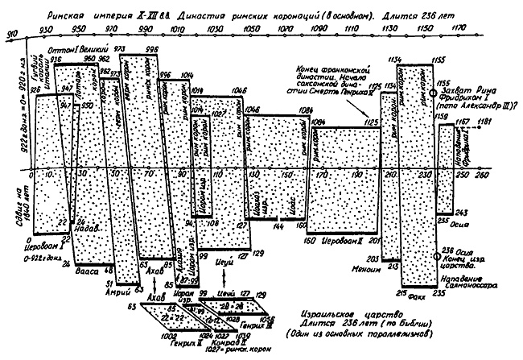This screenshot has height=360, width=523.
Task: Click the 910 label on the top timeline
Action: pyautogui.click(x=10, y=33)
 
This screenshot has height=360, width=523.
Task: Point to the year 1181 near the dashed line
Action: pyautogui.click(x=482, y=121)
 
